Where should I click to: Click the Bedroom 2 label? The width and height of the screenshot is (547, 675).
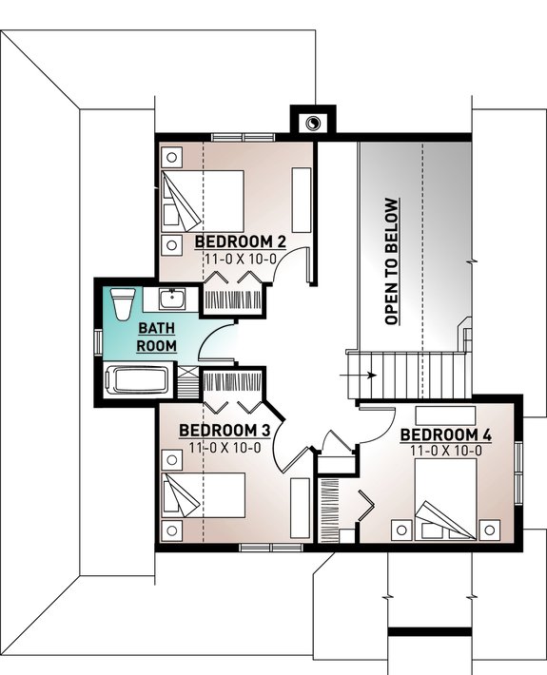240,241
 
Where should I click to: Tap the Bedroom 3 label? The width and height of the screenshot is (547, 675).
225,431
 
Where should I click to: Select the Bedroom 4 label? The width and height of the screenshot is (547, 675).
446,435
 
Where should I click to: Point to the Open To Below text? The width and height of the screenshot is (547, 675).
391,262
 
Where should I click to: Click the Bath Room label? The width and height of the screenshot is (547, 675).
156,337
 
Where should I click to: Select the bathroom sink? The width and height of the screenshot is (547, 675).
172,299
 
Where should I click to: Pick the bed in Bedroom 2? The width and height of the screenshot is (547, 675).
205,200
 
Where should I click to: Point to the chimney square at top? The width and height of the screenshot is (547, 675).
312,122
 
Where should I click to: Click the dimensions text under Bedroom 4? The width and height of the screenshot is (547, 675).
446,451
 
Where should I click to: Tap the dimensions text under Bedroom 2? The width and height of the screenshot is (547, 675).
239,258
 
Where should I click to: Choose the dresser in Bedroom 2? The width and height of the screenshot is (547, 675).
302,199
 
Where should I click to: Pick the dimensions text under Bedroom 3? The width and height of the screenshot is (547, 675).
225,447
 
